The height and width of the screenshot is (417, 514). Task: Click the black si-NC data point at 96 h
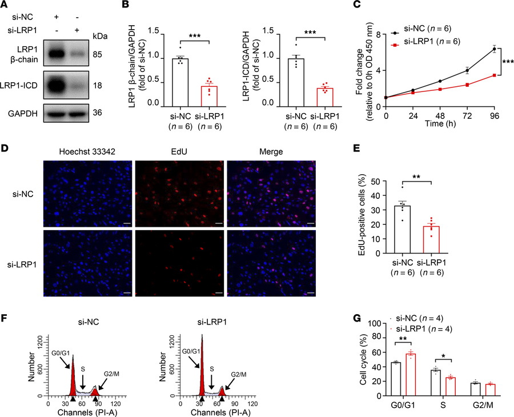(493, 49)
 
